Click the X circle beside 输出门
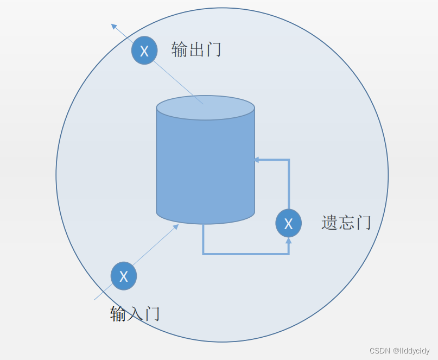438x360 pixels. click(x=144, y=50)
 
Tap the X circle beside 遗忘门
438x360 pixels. click(x=288, y=223)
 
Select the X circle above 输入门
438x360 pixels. click(x=124, y=276)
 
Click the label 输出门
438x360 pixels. click(x=196, y=49)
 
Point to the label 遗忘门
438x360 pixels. click(x=346, y=223)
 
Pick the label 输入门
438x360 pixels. click(x=135, y=314)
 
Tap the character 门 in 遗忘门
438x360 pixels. click(x=363, y=223)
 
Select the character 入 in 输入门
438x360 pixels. click(x=135, y=314)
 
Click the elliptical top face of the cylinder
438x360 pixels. click(x=205, y=108)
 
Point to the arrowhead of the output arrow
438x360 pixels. click(x=114, y=26)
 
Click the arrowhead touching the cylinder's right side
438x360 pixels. click(x=257, y=160)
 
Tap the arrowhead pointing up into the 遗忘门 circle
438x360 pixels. click(x=288, y=241)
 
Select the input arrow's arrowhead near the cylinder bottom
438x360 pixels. click(x=175, y=227)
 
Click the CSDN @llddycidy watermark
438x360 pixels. click(x=399, y=351)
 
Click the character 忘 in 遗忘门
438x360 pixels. click(x=346, y=223)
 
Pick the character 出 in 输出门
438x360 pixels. click(x=196, y=49)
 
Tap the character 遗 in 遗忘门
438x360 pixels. click(x=329, y=223)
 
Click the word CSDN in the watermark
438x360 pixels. click(x=380, y=351)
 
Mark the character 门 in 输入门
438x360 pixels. click(x=151, y=314)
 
